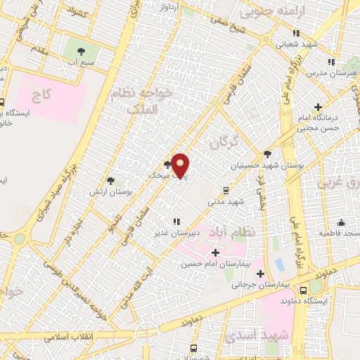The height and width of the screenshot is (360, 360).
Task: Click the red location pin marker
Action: pos(181,165)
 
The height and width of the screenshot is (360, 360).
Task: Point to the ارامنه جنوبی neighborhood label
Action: pos(266,12)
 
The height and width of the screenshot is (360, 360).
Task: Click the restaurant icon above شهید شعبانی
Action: pos(296,32)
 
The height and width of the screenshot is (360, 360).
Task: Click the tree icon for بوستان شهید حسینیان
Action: pos(267,155)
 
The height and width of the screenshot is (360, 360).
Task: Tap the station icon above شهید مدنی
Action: pos(226,190)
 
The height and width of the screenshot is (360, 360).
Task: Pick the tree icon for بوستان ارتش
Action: pos(110,181)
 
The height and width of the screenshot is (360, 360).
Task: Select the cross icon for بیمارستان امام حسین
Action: pos(214,252)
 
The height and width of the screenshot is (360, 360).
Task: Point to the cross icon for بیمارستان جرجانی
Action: pos(261,274)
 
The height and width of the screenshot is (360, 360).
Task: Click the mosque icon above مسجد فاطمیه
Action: pos(340,221)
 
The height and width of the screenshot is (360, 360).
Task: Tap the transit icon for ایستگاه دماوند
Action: pos(303,289)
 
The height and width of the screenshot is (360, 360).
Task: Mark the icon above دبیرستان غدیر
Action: pos(175,221)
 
